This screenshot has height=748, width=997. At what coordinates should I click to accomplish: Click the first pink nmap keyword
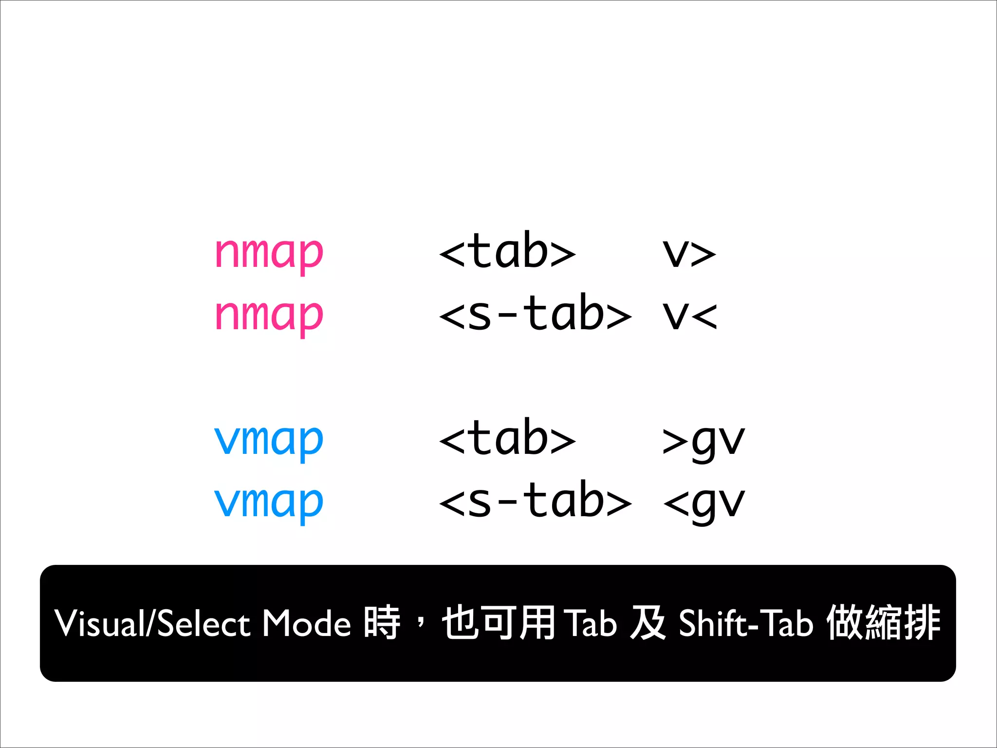[269, 254]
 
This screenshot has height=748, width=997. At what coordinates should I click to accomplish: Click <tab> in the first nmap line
[507, 252]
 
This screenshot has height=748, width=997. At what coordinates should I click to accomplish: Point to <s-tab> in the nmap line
[535, 314]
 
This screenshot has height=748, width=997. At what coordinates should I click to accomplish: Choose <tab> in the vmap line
[507, 439]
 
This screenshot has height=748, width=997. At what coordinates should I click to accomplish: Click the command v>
[689, 254]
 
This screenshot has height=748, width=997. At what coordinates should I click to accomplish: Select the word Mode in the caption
[307, 624]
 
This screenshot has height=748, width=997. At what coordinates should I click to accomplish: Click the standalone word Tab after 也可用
[592, 624]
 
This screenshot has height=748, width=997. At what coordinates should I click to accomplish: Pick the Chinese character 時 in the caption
[382, 623]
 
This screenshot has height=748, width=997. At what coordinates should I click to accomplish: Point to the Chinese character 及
[647, 623]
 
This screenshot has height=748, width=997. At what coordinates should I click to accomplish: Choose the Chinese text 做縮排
[884, 623]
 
